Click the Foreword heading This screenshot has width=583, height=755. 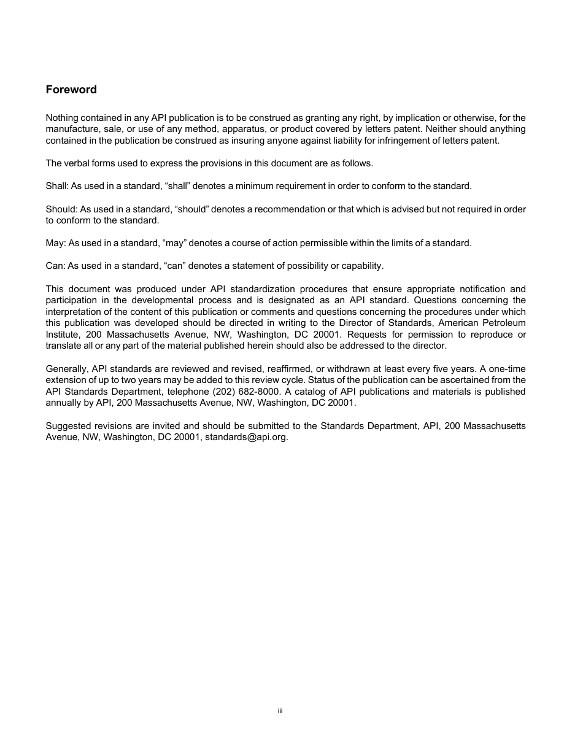pos(71,90)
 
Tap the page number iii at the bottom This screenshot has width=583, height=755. pos(280,711)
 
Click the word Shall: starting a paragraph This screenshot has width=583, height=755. pos(55,186)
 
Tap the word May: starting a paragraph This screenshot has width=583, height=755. pos(55,243)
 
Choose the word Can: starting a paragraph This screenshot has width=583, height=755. pos(55,266)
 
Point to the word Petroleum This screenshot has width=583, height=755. pos(504,323)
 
